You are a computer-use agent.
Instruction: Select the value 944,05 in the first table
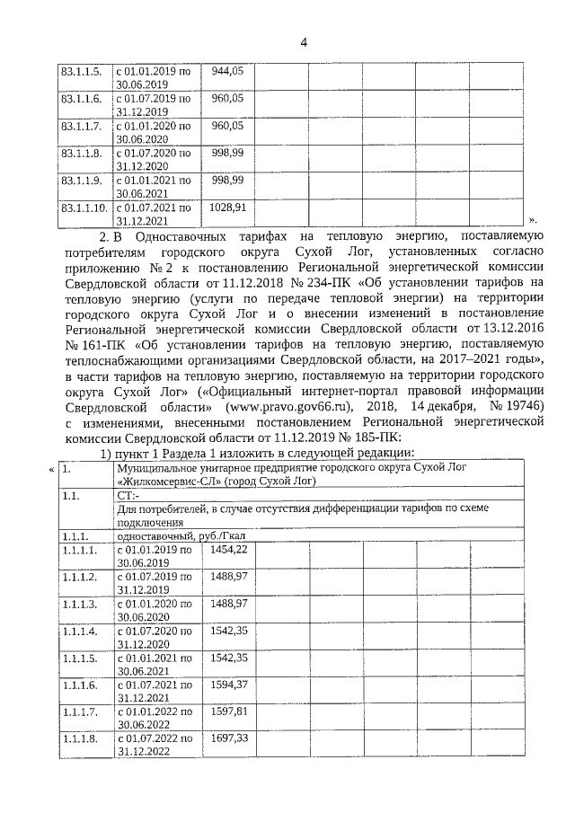point(227,69)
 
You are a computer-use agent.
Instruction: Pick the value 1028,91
point(227,208)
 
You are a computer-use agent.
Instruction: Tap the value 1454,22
point(228,549)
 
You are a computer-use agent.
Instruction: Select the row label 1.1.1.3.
point(78,604)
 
